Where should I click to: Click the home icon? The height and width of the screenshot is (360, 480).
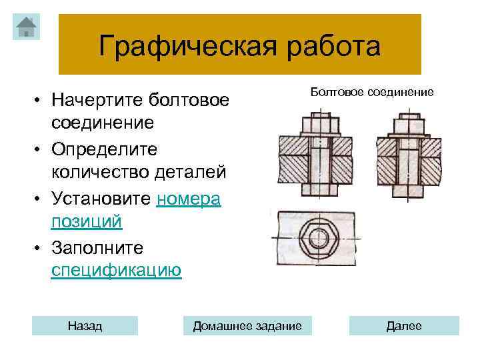26,27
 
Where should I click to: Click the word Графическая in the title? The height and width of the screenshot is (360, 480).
171,47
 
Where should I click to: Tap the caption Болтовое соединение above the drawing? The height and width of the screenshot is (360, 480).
372,91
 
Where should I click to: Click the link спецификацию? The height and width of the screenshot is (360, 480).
116,271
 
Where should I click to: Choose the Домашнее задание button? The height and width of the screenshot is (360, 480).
247,326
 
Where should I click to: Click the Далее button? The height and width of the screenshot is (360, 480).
404,326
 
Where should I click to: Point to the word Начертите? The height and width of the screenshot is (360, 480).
98,101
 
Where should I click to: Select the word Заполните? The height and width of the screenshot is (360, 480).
97,247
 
